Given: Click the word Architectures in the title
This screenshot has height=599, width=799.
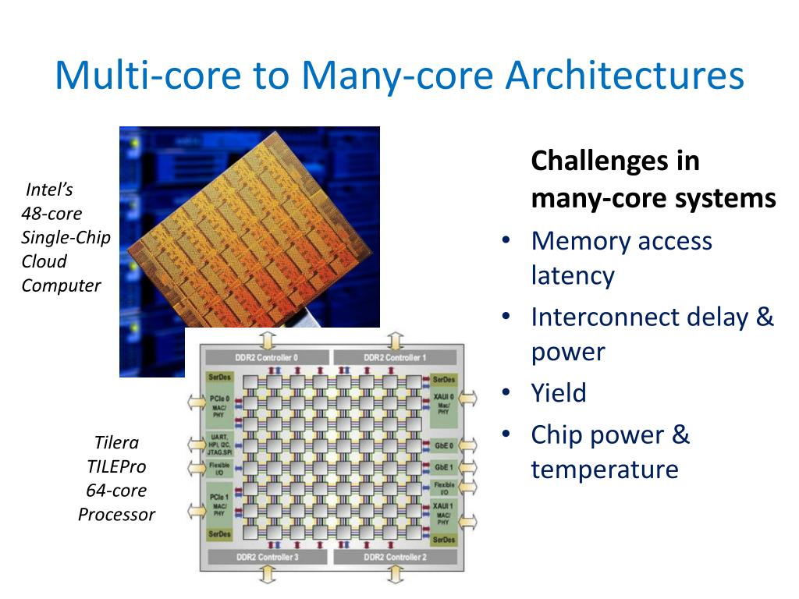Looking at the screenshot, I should point(624,75).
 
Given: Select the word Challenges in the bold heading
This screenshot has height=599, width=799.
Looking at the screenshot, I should point(592,161).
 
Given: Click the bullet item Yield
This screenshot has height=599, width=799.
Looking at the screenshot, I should point(558,392).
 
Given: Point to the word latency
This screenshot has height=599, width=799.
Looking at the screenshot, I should point(573,275).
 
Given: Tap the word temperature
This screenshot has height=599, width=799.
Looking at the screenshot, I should point(605,470).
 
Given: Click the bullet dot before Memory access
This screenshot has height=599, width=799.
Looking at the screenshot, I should point(506,240).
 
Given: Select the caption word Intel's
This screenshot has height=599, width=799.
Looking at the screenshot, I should point(49,190).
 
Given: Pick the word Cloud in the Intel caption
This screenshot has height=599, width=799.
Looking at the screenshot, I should point(44,261).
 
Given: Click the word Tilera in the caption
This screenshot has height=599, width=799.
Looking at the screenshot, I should point(116,443).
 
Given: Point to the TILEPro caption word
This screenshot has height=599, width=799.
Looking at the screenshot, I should point(116,466).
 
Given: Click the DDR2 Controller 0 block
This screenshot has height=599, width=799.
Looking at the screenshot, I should point(266,357).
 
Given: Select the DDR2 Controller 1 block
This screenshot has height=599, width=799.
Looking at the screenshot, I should point(395,357).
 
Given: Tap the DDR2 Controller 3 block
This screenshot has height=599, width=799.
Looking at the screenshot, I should point(266,557).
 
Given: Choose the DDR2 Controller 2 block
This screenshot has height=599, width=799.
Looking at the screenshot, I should point(395,557).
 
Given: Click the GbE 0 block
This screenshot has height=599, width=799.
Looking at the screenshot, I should point(443,445).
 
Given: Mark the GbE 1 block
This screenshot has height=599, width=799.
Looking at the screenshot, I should point(443,467).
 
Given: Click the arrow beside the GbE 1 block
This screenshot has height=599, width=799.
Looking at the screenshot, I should point(468,467).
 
